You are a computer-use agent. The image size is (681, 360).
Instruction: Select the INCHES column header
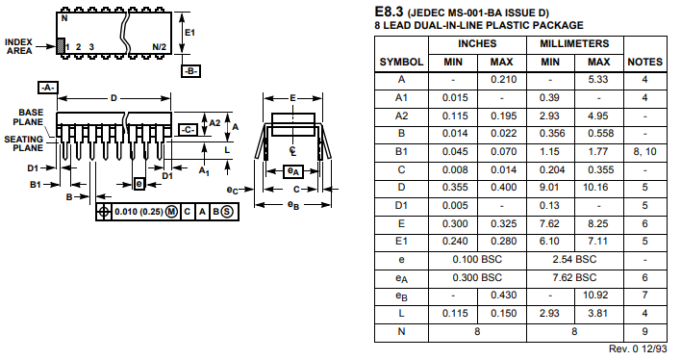coord(476,44)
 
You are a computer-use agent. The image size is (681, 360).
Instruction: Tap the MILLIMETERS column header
coord(573,44)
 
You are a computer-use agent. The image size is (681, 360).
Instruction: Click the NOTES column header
coord(644,62)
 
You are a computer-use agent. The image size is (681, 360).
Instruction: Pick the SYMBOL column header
coord(401,62)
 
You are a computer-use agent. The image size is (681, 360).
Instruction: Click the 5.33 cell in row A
coord(597,80)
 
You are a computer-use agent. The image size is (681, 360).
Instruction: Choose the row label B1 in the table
coord(401,152)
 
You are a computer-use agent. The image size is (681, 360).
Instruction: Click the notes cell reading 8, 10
coord(644,152)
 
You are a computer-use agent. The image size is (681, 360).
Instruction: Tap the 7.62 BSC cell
coord(573,278)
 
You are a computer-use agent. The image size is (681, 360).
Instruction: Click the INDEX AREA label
coord(19,46)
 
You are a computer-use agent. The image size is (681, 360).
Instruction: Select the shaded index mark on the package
coord(61,45)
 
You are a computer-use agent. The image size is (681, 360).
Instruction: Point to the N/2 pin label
coord(160,46)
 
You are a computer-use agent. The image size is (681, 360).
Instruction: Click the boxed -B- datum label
coord(191,71)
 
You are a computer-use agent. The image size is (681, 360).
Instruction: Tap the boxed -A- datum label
coord(47,88)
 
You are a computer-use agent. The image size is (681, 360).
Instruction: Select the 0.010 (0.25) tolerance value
coord(138,211)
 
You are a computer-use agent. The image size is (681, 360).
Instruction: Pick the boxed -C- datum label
coord(189,129)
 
